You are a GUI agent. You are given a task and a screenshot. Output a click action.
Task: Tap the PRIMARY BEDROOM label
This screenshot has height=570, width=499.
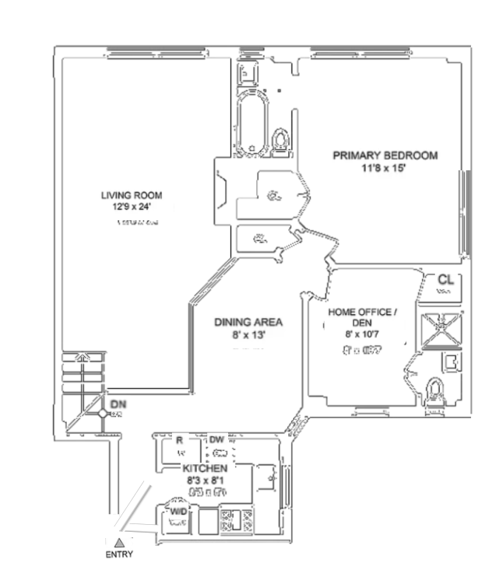click(385, 156)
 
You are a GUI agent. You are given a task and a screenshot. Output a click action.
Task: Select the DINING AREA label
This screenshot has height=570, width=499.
click(249, 322)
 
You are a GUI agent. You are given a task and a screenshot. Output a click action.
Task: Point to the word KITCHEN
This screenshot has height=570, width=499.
click(205, 469)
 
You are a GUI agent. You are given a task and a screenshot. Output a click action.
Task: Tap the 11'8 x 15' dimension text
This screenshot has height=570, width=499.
click(385, 168)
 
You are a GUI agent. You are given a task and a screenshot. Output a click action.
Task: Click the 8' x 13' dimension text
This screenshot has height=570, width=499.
click(249, 335)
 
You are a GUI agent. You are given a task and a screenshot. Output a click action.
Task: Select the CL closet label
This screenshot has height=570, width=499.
click(445, 279)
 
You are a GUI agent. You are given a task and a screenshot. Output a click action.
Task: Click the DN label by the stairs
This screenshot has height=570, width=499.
click(118, 404)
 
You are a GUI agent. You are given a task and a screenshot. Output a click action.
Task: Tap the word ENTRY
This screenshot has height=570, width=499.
click(118, 555)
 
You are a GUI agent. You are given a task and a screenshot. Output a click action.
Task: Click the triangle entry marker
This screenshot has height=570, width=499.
click(118, 541)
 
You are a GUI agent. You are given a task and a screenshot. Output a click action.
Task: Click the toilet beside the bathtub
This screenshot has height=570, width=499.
click(279, 140)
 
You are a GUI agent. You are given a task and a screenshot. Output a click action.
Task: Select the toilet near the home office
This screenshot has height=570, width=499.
click(437, 388)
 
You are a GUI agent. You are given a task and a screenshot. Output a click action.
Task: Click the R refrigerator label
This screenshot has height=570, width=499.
click(180, 440)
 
